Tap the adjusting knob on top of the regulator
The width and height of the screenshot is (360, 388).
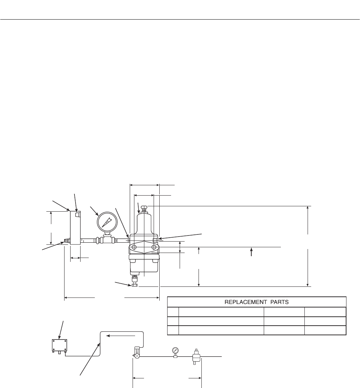(144, 207)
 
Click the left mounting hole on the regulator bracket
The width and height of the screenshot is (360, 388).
(134, 247)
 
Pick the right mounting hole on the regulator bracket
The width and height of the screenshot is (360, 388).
(154, 247)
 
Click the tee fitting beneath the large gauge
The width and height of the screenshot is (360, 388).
(107, 239)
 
